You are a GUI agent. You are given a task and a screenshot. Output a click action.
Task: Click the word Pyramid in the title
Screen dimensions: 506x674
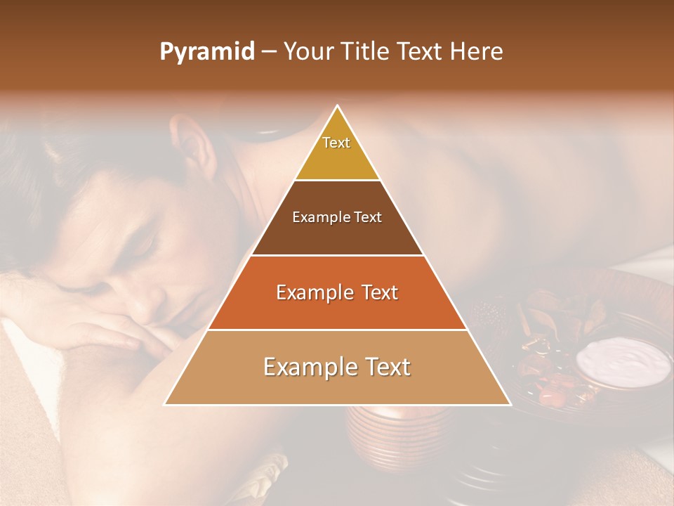[x=207, y=52]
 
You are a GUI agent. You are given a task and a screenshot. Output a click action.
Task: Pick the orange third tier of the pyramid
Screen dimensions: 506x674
[x=337, y=309]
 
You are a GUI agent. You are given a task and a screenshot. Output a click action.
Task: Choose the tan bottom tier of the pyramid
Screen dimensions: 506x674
[x=337, y=383]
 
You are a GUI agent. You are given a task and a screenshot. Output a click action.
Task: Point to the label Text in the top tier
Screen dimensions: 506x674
[x=336, y=143]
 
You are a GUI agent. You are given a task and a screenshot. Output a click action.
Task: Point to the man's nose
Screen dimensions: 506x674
[x=144, y=306]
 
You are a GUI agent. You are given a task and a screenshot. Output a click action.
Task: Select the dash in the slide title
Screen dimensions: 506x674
[x=269, y=52]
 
